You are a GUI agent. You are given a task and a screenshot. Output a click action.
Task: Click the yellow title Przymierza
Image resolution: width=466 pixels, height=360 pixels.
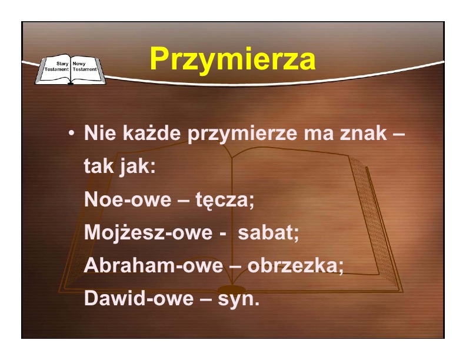tap(232, 59)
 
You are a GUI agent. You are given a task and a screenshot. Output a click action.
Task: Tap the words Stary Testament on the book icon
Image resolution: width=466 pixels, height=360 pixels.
tap(56, 66)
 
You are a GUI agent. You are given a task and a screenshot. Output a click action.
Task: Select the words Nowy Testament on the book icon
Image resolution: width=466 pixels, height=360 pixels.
tap(85, 66)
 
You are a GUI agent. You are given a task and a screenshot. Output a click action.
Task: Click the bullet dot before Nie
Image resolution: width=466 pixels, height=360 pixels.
tap(71, 134)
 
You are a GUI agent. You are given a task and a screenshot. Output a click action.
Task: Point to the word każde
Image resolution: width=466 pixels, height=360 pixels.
tap(151, 133)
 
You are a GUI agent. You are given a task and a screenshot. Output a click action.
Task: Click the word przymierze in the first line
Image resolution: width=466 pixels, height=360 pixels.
tap(242, 134)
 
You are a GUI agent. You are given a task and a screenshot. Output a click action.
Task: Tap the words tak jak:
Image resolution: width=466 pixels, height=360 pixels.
tap(120, 166)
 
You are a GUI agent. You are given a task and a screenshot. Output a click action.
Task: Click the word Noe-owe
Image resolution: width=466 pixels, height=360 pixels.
tap(128, 199)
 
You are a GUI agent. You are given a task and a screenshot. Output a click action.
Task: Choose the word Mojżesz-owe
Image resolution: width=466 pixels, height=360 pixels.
tap(148, 232)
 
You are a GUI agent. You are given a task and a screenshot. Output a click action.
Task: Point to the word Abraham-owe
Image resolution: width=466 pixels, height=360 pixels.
tap(154, 265)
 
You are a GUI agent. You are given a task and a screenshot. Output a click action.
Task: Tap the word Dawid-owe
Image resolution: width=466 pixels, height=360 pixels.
tap(139, 298)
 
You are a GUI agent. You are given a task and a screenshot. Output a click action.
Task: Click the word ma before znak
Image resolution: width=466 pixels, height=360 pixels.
tap(318, 135)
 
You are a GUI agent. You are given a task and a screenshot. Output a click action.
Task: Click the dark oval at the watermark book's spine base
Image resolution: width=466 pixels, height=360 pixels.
tap(232, 289)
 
